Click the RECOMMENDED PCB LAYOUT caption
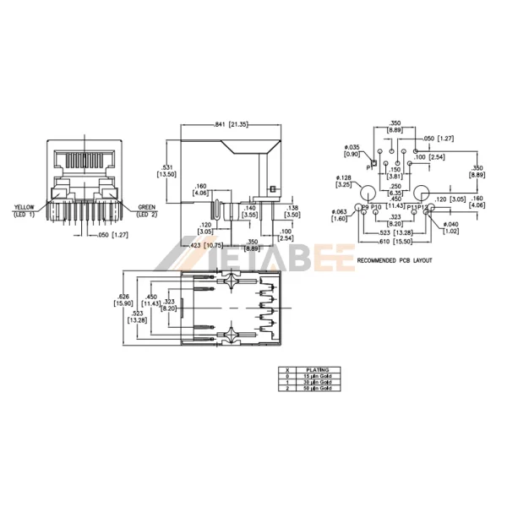(395, 260)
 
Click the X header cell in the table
(287, 368)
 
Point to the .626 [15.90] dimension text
(123, 301)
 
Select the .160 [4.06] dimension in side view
(201, 189)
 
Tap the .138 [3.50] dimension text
(292, 211)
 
